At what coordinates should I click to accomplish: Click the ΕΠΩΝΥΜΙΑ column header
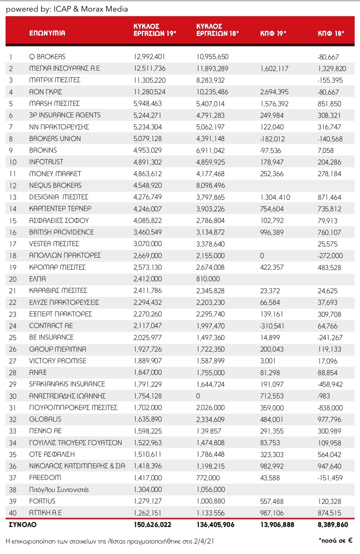[x=47, y=33]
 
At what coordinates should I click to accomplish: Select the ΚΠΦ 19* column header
[x=273, y=33]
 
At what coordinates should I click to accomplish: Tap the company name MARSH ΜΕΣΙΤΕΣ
[x=54, y=103]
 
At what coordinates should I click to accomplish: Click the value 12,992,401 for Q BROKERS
[x=149, y=57]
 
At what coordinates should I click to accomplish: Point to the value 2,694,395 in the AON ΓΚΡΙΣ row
[x=274, y=92]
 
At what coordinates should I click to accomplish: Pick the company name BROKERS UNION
[x=55, y=138]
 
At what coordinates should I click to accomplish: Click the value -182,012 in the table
[x=272, y=139]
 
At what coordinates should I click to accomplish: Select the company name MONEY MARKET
[x=55, y=174]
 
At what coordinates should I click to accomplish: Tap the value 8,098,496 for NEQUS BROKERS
[x=210, y=186]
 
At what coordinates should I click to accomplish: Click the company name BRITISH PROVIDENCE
[x=61, y=232]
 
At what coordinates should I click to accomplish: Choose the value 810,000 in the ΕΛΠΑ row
[x=208, y=279]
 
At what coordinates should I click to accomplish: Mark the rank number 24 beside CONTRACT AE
[x=13, y=326]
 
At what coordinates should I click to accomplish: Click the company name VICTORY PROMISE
[x=58, y=361]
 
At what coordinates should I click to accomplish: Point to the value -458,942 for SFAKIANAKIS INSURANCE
[x=330, y=384]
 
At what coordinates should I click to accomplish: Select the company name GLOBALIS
[x=45, y=419]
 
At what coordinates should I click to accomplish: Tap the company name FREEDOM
[x=45, y=477]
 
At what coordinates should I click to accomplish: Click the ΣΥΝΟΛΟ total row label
[x=23, y=524]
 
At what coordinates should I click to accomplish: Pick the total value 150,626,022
[x=153, y=524]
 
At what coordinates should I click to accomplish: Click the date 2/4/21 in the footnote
[x=204, y=541]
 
